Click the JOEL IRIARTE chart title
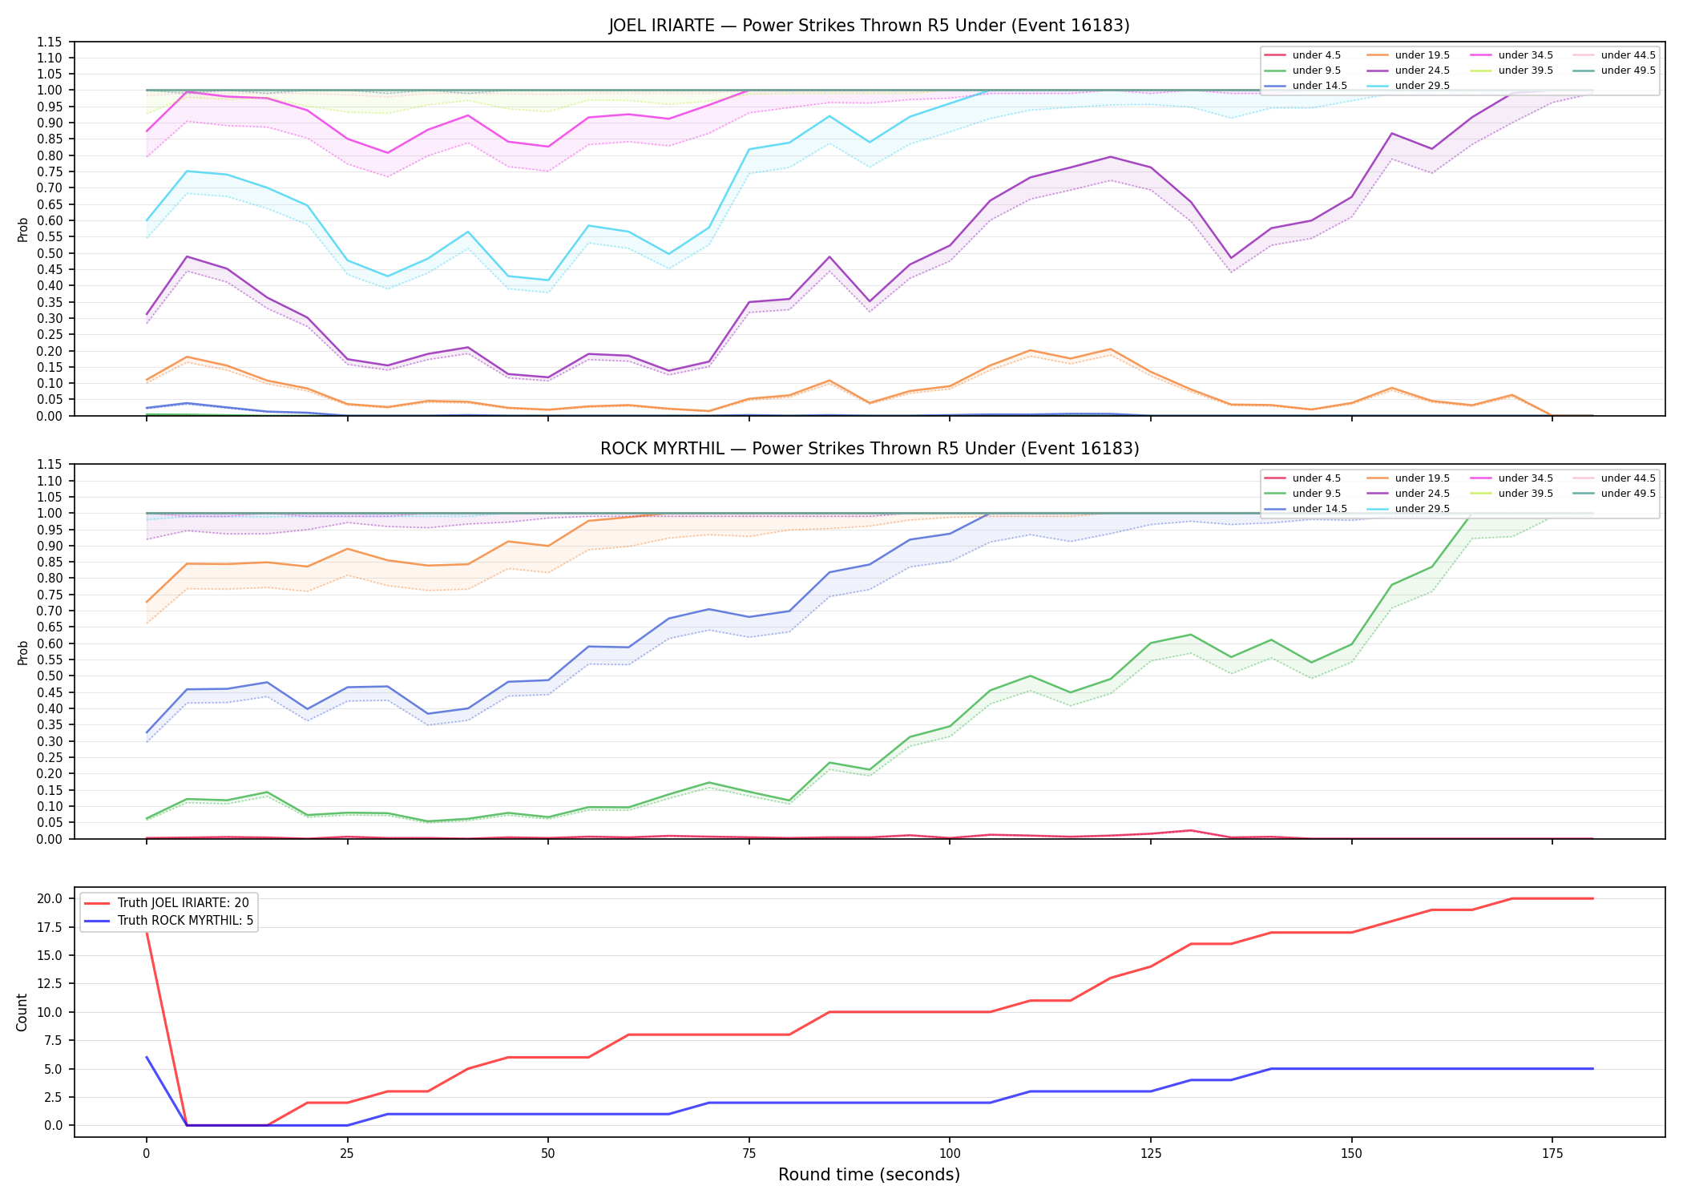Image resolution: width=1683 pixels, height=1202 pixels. point(869,26)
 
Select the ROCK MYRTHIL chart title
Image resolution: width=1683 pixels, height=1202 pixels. point(869,449)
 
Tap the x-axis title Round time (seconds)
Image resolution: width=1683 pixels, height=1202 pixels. point(869,1175)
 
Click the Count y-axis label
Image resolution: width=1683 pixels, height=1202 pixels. point(22,1012)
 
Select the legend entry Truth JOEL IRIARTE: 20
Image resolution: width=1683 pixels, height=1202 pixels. point(184,903)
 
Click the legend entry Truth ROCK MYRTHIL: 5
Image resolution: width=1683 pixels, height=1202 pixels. point(185,921)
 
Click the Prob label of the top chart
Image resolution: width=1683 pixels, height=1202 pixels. point(23,229)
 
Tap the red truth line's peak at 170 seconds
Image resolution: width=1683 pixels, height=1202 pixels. point(1512,898)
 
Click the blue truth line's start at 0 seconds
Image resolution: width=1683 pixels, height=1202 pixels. point(147,1057)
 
